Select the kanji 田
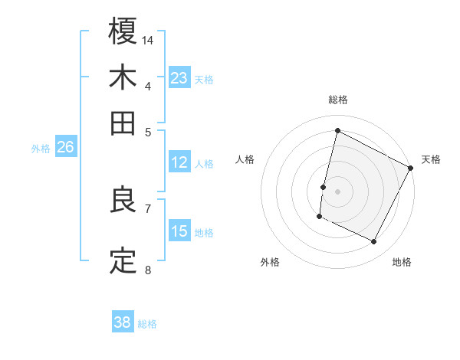point(123,123)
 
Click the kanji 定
point(123,260)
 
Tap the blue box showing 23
point(179,78)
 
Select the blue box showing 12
point(179,162)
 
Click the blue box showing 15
point(179,231)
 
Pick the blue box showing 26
point(65,148)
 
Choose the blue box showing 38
point(123,322)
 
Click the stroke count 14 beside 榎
point(149,39)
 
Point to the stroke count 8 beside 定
point(148,270)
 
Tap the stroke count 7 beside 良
point(148,208)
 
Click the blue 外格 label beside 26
point(41,149)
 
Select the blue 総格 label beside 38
point(147,323)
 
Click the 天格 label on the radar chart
point(431,159)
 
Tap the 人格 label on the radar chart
point(245,159)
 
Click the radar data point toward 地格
point(374,242)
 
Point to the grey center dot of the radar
point(337,190)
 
